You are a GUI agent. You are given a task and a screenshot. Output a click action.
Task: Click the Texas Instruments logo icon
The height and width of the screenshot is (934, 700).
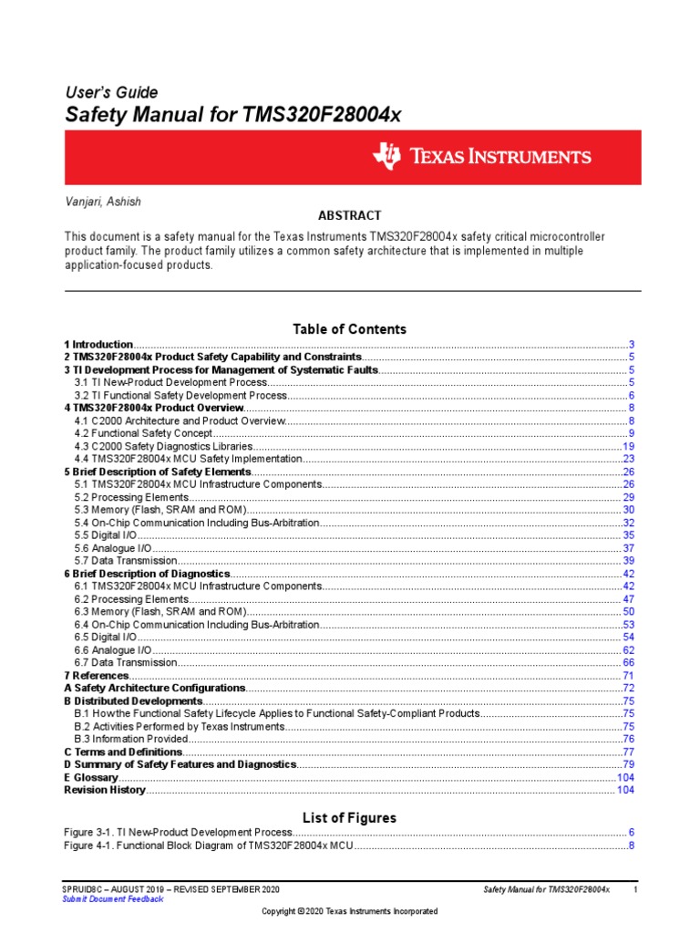tap(386, 157)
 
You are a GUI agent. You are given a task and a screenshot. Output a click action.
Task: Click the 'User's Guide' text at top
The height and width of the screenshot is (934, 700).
tap(110, 92)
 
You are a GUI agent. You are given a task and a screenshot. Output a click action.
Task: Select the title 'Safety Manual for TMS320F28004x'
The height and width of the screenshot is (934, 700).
tap(232, 116)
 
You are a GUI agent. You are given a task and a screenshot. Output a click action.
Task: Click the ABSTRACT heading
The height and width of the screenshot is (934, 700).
tap(349, 216)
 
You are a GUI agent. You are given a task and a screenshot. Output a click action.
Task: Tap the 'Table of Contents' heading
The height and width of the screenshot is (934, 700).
tap(349, 328)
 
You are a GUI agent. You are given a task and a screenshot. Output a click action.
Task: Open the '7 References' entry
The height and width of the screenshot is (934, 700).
tap(95, 675)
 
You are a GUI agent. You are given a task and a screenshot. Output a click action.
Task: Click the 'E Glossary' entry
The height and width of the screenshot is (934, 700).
tap(91, 777)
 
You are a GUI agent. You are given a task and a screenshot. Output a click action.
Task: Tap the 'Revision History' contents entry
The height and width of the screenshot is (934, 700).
tap(104, 790)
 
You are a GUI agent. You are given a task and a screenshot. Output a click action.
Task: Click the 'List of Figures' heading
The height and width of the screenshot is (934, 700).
tap(349, 817)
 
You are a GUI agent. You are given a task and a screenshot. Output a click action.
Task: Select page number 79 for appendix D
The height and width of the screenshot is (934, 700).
tap(628, 764)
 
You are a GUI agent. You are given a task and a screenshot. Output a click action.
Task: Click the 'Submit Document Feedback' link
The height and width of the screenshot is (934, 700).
tap(113, 898)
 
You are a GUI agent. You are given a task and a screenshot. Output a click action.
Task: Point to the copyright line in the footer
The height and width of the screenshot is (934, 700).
tap(349, 911)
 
